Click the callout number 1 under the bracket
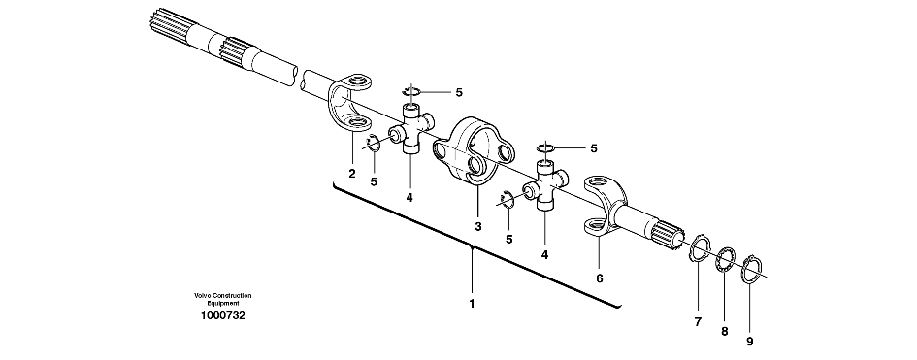pos(472,304)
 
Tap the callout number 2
pos(352,173)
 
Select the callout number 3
pos(477,226)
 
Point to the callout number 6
pos(600,278)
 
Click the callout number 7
pos(698,321)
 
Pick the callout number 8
pos(724,331)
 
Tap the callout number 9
pos(750,342)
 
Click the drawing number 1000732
pos(223,316)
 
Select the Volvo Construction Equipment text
pos(223,299)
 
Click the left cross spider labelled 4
pos(411,129)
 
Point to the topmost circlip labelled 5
pos(411,90)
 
